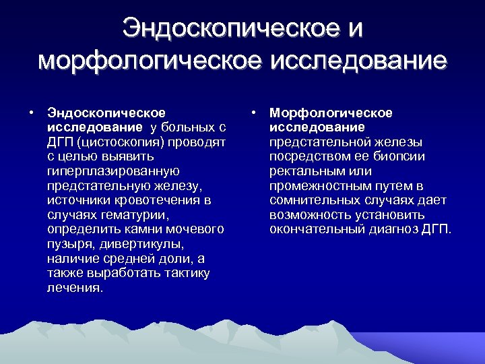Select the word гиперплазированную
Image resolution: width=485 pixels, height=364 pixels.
(x=112, y=171)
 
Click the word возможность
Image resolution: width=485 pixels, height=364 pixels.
(x=311, y=215)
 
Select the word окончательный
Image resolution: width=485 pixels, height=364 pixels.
(x=319, y=230)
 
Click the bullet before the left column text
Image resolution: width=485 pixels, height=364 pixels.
(x=31, y=112)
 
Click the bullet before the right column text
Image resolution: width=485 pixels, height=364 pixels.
(x=253, y=112)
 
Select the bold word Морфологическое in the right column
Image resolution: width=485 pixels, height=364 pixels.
(x=331, y=113)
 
